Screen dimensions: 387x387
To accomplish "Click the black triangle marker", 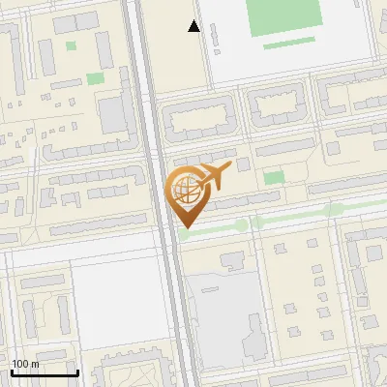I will point(193,26).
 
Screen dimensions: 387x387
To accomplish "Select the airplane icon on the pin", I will point(213,177).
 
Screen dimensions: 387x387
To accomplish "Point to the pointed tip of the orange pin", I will point(185,226).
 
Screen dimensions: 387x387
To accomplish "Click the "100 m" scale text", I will point(25,364).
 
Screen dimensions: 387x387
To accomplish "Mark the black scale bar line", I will point(45,372).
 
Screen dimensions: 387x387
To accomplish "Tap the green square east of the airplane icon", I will point(274,178).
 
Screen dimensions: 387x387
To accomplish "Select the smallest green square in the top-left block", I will point(71,45).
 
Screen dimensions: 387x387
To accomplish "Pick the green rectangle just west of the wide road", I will point(95,78).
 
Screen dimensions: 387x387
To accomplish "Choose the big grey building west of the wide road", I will point(113,115).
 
